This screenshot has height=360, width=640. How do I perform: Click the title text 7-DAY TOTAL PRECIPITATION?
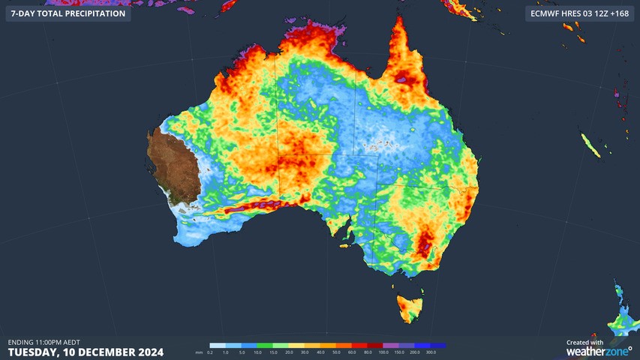coord(68,13)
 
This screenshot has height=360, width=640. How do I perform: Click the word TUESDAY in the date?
coord(33,352)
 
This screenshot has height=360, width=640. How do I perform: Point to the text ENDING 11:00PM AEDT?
coord(44,342)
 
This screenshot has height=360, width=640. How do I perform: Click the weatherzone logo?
coord(598,351)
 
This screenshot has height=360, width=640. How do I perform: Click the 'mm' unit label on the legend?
coord(199,352)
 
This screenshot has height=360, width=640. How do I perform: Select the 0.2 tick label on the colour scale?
coord(210,352)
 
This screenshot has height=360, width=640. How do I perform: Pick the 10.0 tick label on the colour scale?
coord(257,352)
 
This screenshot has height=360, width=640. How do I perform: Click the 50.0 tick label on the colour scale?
coord(336,352)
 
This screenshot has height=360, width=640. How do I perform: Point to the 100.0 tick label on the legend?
coord(383,352)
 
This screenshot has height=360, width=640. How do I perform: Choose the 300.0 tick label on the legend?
coord(431,352)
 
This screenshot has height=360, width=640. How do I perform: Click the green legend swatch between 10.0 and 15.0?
coord(265,346)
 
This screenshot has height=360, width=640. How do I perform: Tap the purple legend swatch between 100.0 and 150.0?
coord(391,346)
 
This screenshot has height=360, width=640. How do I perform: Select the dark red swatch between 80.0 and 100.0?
coord(375,346)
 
